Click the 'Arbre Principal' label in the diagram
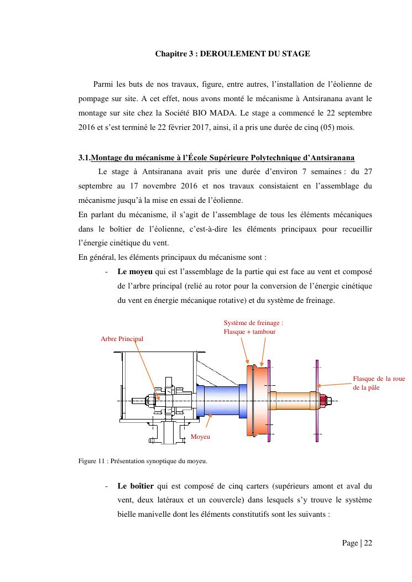(x=122, y=338)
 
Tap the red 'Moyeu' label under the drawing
(x=200, y=437)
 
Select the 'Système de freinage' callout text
(x=253, y=323)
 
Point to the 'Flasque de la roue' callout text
(x=379, y=379)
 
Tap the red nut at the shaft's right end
(x=324, y=400)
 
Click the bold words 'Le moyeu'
(x=135, y=272)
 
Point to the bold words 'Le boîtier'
(x=135, y=486)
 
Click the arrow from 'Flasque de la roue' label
(x=335, y=384)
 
